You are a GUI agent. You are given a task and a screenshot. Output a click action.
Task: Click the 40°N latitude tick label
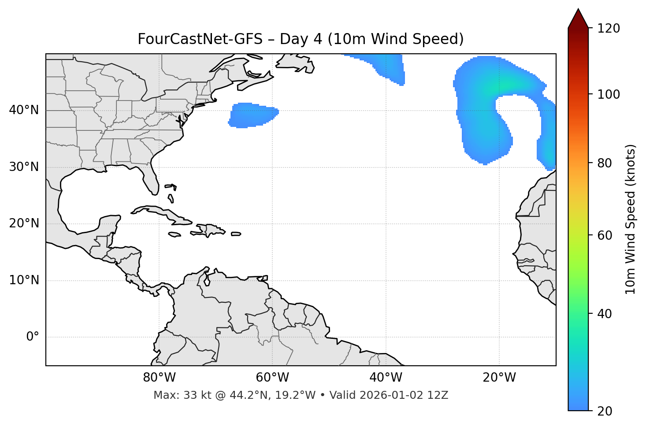pyautogui.click(x=24, y=110)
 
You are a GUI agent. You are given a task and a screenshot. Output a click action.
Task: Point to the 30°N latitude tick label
pyautogui.click(x=24, y=167)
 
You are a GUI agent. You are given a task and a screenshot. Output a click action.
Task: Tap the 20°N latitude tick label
pyautogui.click(x=24, y=223)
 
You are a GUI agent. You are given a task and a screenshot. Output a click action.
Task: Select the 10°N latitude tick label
pyautogui.click(x=24, y=280)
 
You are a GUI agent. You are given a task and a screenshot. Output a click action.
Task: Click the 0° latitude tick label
pyautogui.click(x=33, y=337)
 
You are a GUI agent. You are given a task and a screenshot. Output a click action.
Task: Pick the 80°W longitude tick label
pyautogui.click(x=159, y=378)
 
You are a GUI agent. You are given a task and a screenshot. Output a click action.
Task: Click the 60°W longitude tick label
pyautogui.click(x=272, y=378)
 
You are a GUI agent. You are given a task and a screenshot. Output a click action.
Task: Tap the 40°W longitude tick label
pyautogui.click(x=386, y=378)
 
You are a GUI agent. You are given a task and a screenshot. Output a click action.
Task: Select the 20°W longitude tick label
pyautogui.click(x=499, y=378)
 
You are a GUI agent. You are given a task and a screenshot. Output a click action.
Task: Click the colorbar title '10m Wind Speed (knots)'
pyautogui.click(x=631, y=219)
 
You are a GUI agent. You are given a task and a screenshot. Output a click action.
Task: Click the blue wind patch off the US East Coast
pyautogui.click(x=252, y=115)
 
